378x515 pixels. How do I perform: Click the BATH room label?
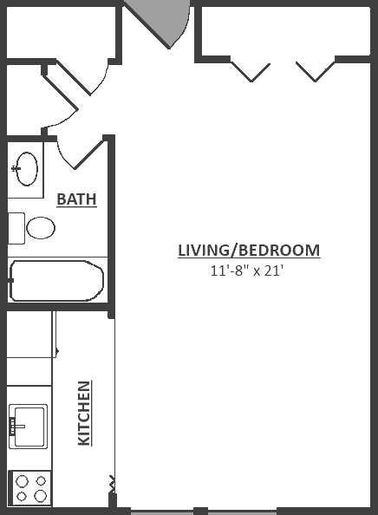point(76,199)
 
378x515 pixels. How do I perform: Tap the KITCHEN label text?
point(84,413)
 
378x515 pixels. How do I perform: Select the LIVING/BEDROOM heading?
point(249,251)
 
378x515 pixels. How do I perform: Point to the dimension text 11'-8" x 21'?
point(246,271)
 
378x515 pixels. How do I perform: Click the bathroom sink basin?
point(27,169)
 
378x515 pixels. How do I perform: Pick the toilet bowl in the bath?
point(41,228)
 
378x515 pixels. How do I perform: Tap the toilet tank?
point(16,228)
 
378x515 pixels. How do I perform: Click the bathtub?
point(56,281)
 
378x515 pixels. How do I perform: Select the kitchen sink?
point(29,427)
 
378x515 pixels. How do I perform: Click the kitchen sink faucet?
point(16,427)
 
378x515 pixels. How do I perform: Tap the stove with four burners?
point(29,488)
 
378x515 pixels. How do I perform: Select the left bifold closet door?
point(251,70)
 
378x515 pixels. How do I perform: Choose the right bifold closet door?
point(316,70)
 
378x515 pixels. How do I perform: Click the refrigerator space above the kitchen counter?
point(29,334)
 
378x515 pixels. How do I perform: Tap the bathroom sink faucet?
point(16,169)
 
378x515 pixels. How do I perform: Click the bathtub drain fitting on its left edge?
point(11,280)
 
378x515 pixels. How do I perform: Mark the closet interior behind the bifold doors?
point(286,30)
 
